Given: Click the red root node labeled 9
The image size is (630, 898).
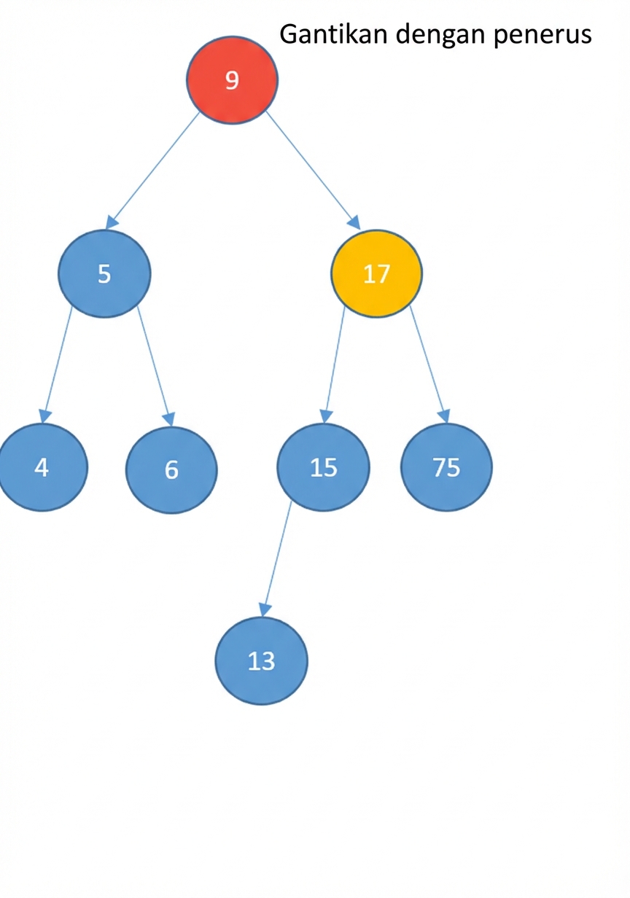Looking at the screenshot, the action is (x=232, y=80).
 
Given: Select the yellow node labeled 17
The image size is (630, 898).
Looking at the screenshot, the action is (x=376, y=273).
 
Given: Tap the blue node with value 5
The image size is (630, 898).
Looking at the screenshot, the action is (x=104, y=274).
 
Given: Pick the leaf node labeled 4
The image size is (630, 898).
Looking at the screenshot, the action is (x=42, y=467).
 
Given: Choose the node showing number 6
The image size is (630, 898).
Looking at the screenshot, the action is (x=171, y=469).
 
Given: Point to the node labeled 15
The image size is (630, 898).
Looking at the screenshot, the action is (x=323, y=467).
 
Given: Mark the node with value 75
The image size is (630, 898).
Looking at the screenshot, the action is (x=446, y=467).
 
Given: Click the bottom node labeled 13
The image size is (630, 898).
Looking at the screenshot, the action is (x=262, y=661).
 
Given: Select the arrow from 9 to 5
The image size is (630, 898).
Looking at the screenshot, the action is (x=152, y=171).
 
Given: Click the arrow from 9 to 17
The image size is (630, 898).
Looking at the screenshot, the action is (x=313, y=170).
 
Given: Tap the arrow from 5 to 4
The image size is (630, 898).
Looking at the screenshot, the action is (x=58, y=364).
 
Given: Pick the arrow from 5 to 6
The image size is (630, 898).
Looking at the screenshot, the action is (x=155, y=366).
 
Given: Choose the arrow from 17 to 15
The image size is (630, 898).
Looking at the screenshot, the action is (x=334, y=364).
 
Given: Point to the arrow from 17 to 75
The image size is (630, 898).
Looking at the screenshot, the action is (x=429, y=364).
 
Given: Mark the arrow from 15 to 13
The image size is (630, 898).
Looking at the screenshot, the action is (x=276, y=564).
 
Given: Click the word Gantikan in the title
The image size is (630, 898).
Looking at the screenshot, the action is (x=333, y=34).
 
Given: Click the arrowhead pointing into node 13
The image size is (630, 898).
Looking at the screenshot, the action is (x=264, y=610).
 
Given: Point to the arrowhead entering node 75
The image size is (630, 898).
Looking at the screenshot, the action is (x=445, y=416).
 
